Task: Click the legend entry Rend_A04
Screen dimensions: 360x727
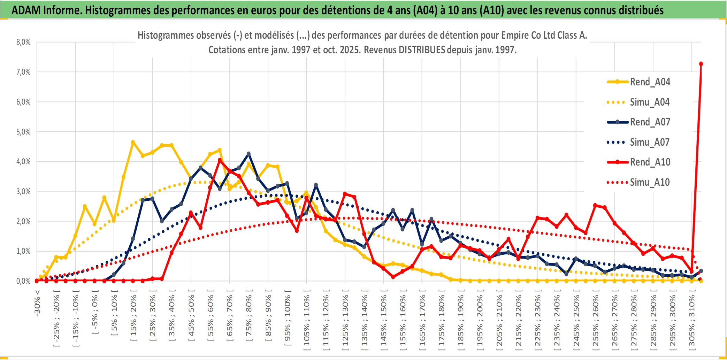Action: coord(650,82)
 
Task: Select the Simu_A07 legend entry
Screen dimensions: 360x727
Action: coord(650,142)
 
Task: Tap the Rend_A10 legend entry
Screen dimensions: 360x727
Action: coord(650,162)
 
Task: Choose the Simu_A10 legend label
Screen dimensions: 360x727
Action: coord(650,182)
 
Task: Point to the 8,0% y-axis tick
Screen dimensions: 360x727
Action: coord(23,42)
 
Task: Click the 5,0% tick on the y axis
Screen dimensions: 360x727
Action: coord(23,132)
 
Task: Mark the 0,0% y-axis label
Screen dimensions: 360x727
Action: coord(23,281)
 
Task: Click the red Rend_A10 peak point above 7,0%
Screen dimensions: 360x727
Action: coord(701,64)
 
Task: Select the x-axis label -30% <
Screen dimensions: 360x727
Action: coord(37,303)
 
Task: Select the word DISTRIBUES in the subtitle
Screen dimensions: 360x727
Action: coord(422,50)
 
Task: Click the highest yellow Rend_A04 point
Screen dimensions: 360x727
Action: coord(133,142)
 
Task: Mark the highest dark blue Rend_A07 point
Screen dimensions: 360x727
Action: coord(248,154)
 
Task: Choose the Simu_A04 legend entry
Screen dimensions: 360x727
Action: coord(650,102)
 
